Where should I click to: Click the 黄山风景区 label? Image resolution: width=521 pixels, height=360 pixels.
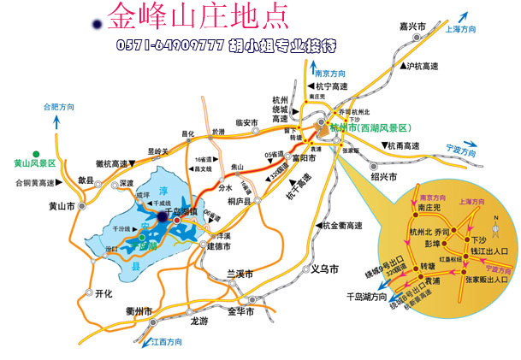[x=34, y=162]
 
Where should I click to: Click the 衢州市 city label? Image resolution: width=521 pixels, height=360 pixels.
[x=138, y=311]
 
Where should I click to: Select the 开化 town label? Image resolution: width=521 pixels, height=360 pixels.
[x=104, y=293]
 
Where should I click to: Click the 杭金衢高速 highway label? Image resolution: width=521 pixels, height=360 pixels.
[x=343, y=224]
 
